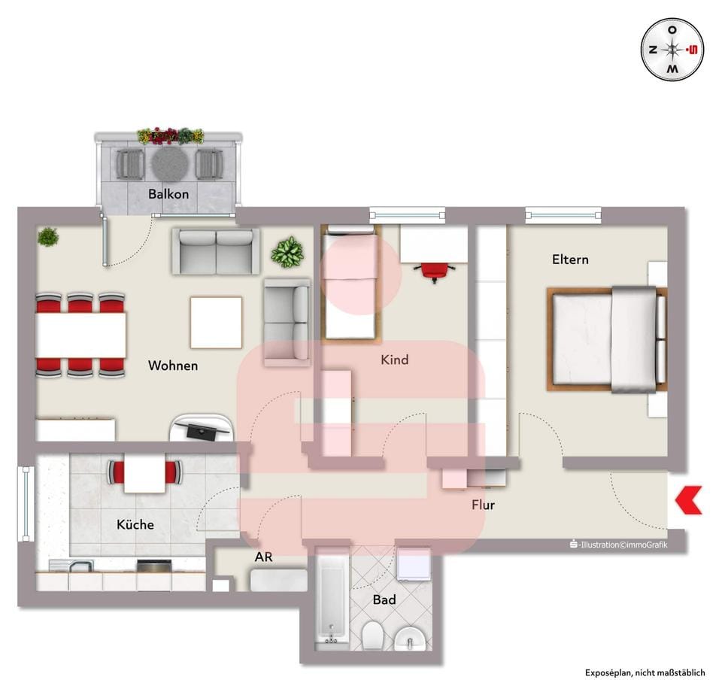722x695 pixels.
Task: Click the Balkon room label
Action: coord(168,194)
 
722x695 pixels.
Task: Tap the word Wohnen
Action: coord(173,366)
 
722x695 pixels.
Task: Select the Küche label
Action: coord(135,524)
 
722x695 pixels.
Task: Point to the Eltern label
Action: coord(571,259)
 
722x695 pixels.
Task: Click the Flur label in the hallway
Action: coord(483,505)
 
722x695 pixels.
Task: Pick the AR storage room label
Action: coord(263,557)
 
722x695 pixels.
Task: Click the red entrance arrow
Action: coord(689,500)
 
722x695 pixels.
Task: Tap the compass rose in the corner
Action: coord(672,50)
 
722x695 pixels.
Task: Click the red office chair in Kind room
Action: coord(435,272)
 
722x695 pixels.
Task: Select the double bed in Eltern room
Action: coord(607,339)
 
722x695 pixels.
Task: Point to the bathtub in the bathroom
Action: coord(332,598)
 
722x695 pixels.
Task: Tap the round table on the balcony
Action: coord(170,163)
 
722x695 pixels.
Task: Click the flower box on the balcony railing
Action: coord(171,135)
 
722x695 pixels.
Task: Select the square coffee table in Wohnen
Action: coord(216,323)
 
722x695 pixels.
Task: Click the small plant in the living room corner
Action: coord(48,237)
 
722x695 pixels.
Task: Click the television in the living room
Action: coord(202,429)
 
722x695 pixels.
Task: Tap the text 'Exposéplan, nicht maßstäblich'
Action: coord(645,673)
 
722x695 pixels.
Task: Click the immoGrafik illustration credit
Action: coord(618,545)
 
